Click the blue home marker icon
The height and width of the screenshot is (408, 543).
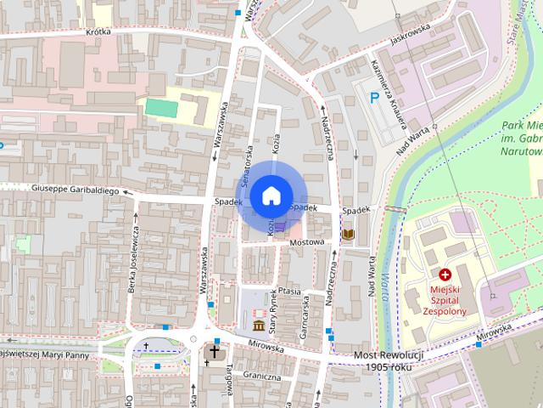271,196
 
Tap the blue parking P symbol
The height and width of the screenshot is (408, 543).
374,99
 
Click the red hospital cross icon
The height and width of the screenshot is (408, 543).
445,275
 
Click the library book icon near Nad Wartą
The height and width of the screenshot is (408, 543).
348,234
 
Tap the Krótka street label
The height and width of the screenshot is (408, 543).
98,31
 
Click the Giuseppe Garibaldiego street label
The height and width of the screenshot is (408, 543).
75,190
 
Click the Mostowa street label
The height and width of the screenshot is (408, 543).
307,242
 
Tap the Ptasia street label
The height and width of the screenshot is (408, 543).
289,291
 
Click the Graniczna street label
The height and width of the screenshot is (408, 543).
260,375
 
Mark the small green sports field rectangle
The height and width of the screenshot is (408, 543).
158,107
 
